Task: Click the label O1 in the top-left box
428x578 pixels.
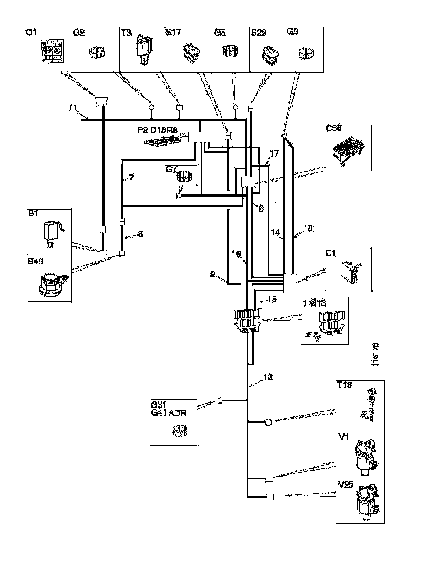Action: coord(31,33)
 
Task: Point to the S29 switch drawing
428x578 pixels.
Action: coord(272,54)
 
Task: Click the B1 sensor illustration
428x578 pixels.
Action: coord(53,232)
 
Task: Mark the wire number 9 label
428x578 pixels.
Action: coord(212,274)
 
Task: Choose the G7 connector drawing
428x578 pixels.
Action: coord(184,176)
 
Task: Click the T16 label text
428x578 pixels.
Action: coord(345,387)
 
